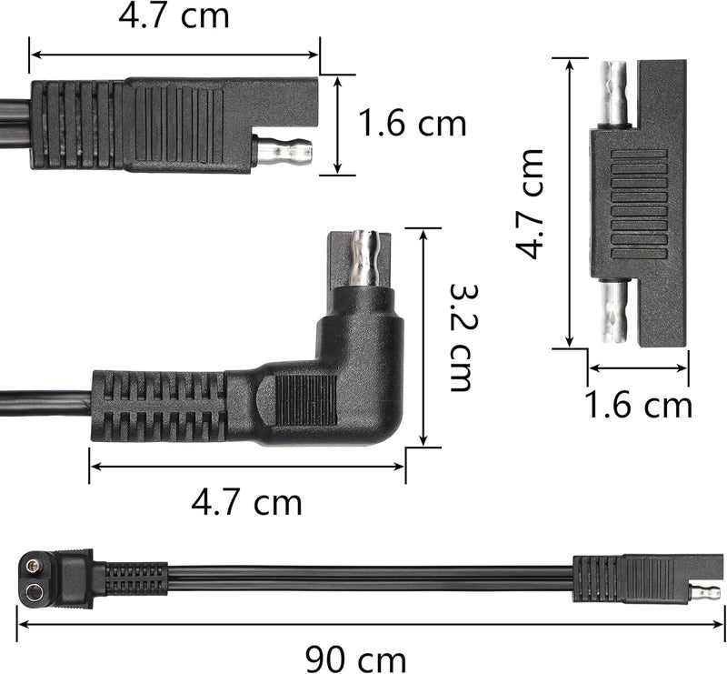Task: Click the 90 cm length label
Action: click(355, 657)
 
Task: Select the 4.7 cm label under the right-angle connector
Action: click(246, 500)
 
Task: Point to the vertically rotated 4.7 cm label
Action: click(532, 204)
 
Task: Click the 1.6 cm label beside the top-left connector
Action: click(412, 124)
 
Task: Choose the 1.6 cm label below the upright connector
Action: click(638, 405)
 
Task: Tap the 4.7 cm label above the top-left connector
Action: click(174, 15)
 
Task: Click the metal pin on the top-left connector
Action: click(283, 149)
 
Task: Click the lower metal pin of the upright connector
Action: click(615, 310)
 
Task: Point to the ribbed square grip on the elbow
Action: click(305, 400)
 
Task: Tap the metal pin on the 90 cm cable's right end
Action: click(705, 593)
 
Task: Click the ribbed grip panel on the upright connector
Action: click(638, 203)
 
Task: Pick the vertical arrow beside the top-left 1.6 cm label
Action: click(337, 124)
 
